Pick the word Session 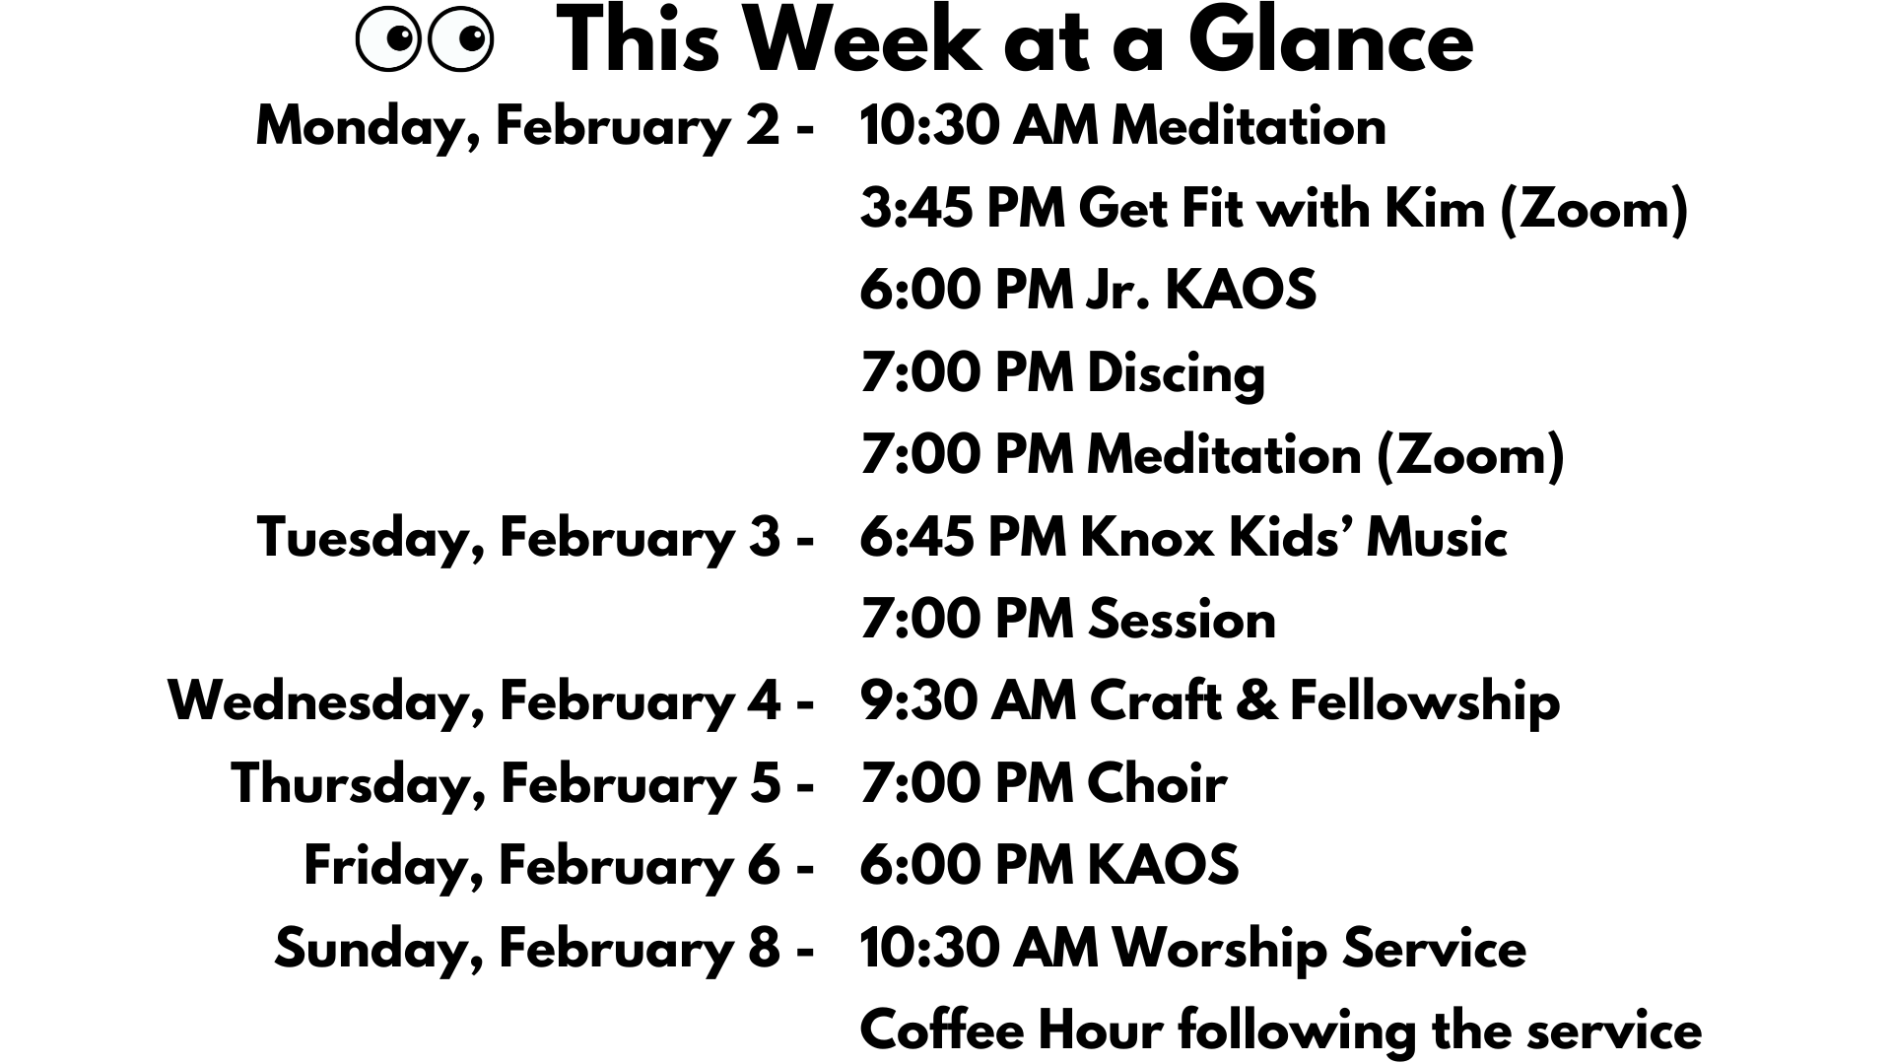coord(1182,620)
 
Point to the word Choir coord(1157,784)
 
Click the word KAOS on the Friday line coord(1163,866)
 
